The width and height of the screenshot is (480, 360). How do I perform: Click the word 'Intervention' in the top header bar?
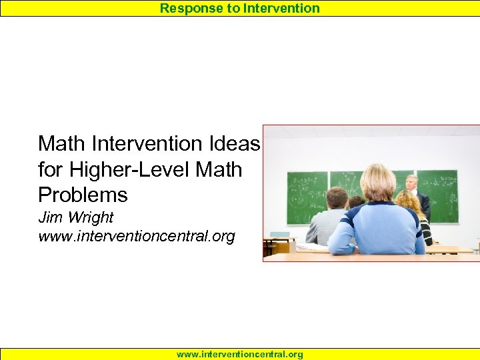[x=281, y=8]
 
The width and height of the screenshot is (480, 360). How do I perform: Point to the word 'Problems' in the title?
[x=83, y=195]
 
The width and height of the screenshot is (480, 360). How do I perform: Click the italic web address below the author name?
[x=137, y=236]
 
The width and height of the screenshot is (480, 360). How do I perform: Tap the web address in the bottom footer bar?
[x=240, y=355]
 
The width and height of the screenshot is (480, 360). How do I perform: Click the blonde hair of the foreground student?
[x=377, y=181]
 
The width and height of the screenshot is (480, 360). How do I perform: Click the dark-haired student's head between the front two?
[x=357, y=201]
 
